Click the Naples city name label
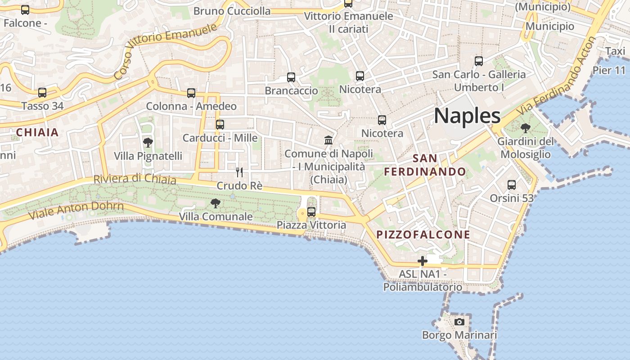(467, 116)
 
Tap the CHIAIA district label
(37, 132)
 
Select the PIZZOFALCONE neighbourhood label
(423, 234)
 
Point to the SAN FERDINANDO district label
(425, 165)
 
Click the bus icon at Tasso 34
(42, 93)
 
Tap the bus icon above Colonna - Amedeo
(191, 93)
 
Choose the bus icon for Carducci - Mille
(220, 125)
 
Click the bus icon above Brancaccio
(291, 77)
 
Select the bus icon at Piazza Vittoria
(311, 212)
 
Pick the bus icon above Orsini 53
(512, 185)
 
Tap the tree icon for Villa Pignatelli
(148, 143)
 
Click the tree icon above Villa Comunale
(216, 203)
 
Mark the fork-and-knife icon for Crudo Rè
(239, 172)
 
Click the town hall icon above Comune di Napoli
(328, 140)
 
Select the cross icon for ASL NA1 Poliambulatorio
(422, 261)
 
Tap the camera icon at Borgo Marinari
(459, 322)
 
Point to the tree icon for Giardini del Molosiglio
(525, 128)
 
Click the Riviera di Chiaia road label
(135, 179)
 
